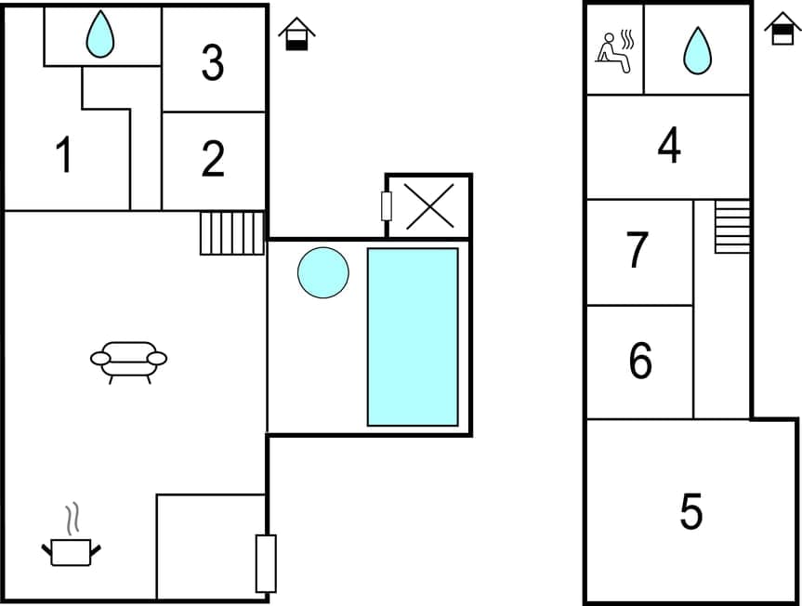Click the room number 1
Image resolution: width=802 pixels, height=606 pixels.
click(63, 155)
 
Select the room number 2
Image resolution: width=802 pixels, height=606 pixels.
click(213, 159)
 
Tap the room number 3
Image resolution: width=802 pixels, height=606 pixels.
click(213, 63)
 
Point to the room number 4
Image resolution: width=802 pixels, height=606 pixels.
click(669, 146)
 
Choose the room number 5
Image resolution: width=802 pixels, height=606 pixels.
click(690, 512)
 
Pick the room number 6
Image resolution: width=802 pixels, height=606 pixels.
click(640, 362)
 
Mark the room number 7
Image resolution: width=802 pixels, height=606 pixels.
click(637, 250)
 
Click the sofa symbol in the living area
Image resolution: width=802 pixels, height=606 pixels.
click(128, 361)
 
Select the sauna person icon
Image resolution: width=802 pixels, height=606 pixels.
click(614, 50)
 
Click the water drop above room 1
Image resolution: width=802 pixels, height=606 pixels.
click(99, 35)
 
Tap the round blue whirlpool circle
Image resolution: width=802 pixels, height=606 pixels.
click(323, 272)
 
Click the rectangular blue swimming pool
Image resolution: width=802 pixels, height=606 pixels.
click(413, 336)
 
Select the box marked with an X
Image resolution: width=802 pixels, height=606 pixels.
click(429, 205)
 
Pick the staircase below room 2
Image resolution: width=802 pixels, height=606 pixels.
click(232, 232)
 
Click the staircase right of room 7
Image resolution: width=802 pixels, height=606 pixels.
click(732, 226)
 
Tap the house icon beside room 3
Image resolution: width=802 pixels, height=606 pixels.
click(296, 34)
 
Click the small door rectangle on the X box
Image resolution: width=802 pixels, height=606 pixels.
click(387, 205)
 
